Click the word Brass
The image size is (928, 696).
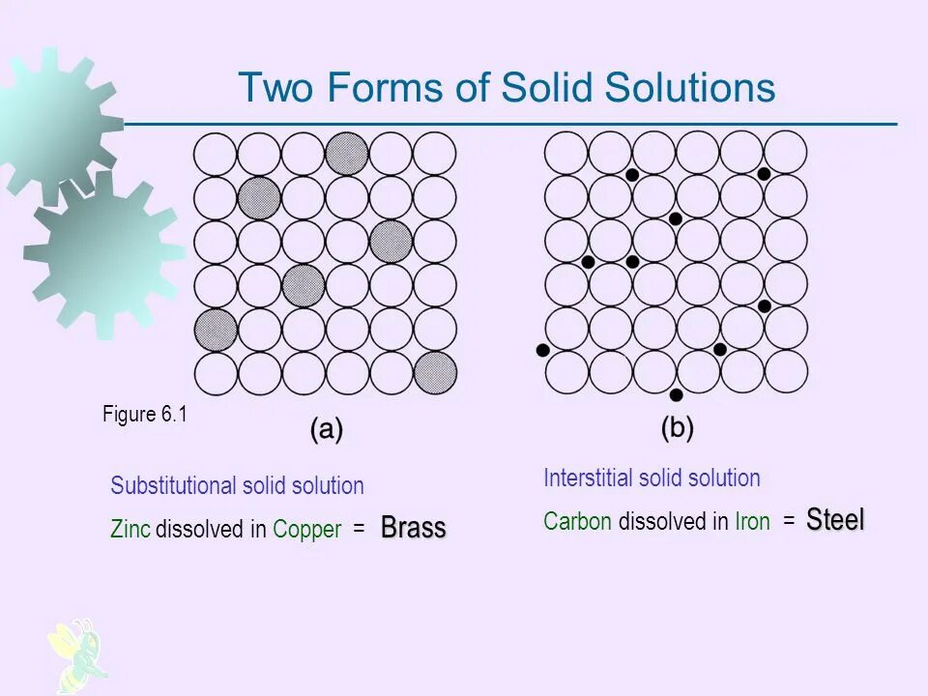point(413,528)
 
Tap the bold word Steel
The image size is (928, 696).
point(835,520)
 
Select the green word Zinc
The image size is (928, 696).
point(130,530)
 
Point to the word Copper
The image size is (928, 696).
point(307,530)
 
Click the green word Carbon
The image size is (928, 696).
point(577,522)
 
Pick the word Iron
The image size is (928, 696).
point(752,522)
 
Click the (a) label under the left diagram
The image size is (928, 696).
point(327,429)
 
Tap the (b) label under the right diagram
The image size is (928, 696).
point(677,427)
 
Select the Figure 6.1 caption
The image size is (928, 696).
point(144,415)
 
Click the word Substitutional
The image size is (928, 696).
point(174,485)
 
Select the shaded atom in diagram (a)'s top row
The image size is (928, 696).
point(347,153)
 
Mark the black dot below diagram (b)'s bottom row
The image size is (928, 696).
point(676,394)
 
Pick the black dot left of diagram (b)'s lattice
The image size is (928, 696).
point(542,349)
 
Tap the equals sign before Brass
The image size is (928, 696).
point(359,530)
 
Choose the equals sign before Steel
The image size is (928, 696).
point(789,522)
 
